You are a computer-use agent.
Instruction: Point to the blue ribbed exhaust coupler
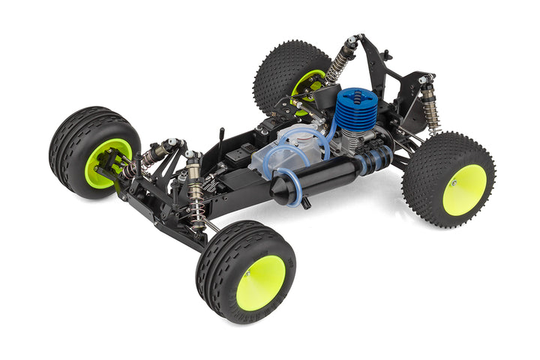pos(376,160)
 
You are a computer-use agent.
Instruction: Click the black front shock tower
pos(176,161)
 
